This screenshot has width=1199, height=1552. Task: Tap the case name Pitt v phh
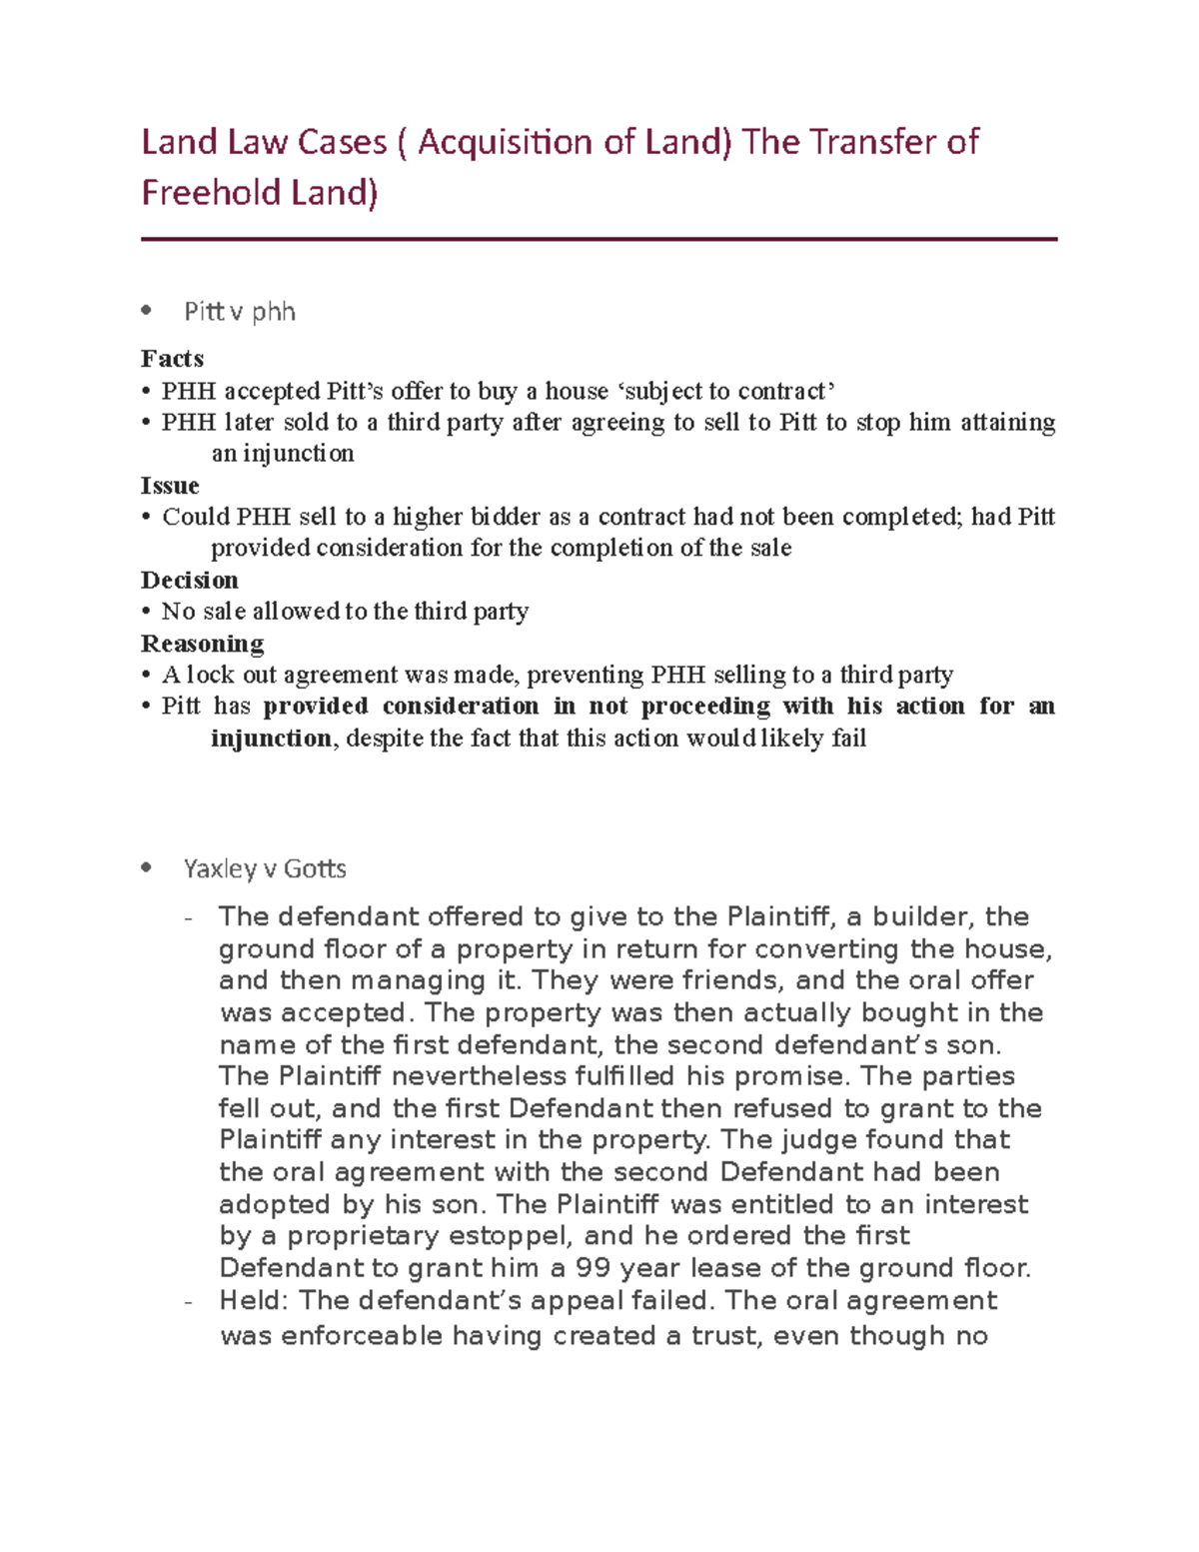click(x=240, y=312)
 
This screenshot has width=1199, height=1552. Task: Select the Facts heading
click(x=172, y=359)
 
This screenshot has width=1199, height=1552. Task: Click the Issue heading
click(x=170, y=486)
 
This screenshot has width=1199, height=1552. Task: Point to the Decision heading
click(x=190, y=581)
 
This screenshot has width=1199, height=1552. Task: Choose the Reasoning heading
click(x=203, y=644)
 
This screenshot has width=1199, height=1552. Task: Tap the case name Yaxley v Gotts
click(x=265, y=869)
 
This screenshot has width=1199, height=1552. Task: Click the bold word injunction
click(x=271, y=739)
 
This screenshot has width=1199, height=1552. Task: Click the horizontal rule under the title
click(x=599, y=240)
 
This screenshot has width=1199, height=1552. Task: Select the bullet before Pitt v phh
click(x=147, y=311)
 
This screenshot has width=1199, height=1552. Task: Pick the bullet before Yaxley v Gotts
click(x=147, y=868)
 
